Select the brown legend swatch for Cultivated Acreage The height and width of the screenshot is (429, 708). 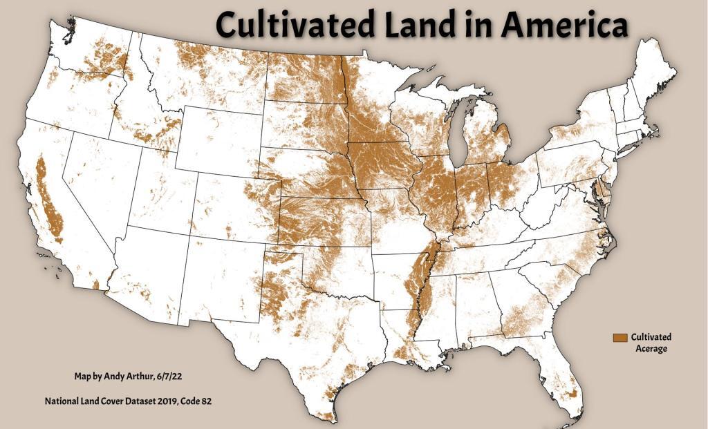[x=619, y=337]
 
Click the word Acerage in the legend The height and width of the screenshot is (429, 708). [x=651, y=349]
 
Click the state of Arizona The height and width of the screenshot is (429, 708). [x=149, y=276]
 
